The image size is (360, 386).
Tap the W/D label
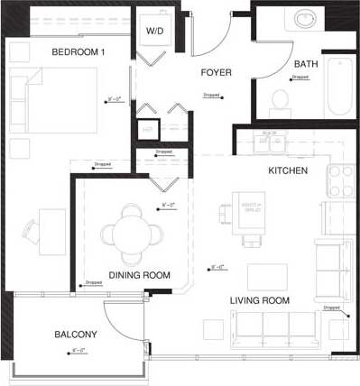155,31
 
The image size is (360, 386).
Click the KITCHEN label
288,170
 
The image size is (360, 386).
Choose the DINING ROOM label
139,275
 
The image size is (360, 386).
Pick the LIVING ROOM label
259,300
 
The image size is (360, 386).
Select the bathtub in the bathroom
341,86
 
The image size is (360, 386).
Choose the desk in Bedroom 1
51,232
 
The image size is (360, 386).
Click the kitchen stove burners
341,179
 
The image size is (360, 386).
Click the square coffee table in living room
267,276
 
